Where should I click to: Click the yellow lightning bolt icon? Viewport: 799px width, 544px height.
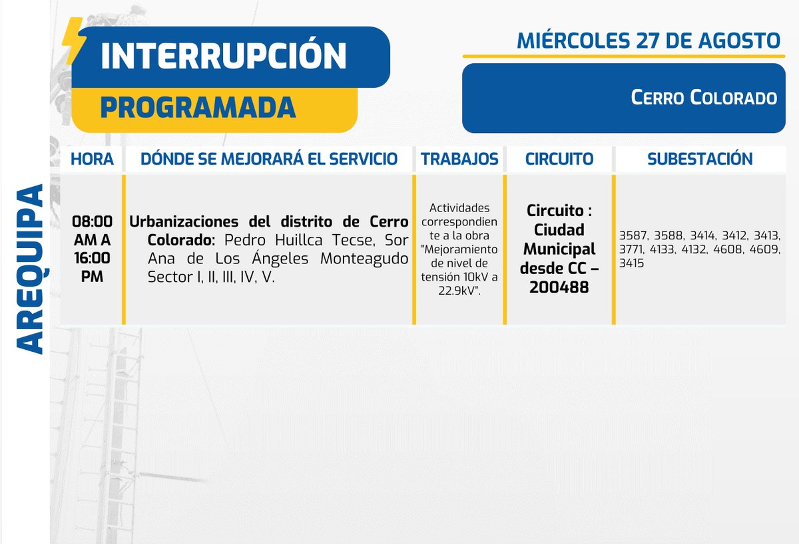[72, 42]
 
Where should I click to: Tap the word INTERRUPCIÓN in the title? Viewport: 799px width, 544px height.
[224, 57]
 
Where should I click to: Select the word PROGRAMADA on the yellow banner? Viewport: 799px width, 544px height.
[198, 108]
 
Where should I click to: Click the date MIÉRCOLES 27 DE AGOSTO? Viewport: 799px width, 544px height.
[648, 41]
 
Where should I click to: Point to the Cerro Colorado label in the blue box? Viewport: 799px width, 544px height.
[704, 98]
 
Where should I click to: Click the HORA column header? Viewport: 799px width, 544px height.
[92, 159]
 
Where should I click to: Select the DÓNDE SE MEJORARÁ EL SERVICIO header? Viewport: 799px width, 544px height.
[269, 159]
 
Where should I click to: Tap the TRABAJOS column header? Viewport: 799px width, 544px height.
[459, 159]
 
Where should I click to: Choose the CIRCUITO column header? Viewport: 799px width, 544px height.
[559, 159]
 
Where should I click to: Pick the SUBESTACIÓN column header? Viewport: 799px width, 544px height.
[700, 159]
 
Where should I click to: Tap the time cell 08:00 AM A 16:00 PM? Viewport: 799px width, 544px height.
[92, 249]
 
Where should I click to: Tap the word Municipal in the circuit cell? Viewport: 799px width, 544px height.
[559, 249]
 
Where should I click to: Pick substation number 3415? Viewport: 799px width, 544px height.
[632, 264]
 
